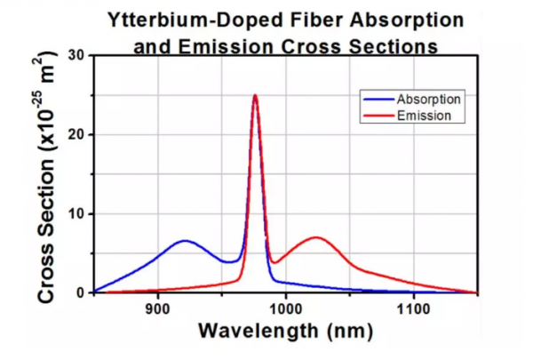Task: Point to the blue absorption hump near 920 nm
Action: [184, 241]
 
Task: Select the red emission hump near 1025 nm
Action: [316, 237]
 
